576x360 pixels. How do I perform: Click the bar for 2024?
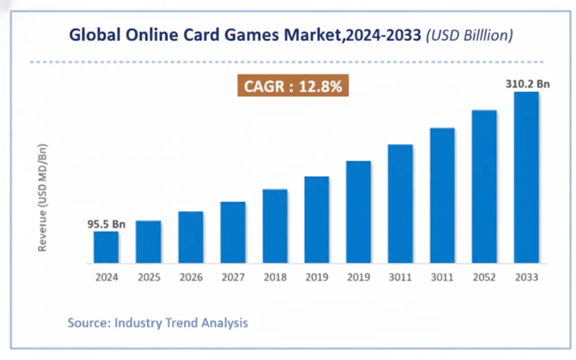click(x=106, y=247)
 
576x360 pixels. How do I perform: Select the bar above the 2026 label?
click(x=190, y=237)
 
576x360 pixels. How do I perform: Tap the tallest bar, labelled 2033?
click(x=526, y=177)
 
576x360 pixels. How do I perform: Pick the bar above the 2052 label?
click(x=484, y=186)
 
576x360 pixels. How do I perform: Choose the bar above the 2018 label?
click(x=275, y=226)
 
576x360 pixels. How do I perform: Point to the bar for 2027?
click(x=233, y=232)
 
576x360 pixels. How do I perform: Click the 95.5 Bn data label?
click(x=106, y=224)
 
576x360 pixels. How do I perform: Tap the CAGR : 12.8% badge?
click(x=293, y=85)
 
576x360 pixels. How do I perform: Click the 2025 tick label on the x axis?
click(x=148, y=277)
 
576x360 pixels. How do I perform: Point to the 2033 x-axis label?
click(x=526, y=277)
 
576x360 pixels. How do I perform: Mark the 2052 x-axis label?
click(x=484, y=277)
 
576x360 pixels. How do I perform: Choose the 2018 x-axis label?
click(x=275, y=277)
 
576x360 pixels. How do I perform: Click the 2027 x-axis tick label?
click(x=233, y=277)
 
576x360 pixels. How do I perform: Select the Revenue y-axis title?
click(x=43, y=198)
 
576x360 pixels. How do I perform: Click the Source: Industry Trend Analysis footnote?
click(x=157, y=323)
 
